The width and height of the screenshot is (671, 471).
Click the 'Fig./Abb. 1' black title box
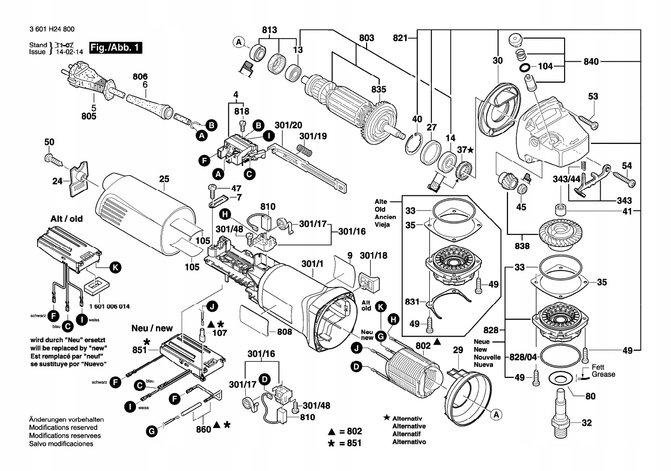115,48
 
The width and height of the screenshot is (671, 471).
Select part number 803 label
367,38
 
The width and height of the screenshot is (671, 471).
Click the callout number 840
591,62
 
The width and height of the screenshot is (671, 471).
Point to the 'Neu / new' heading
152,329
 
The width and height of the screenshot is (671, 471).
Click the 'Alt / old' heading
67,219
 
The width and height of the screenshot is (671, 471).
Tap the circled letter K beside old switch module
115,268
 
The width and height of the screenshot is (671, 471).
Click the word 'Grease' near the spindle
603,374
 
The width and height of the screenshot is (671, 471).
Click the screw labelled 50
53,159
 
